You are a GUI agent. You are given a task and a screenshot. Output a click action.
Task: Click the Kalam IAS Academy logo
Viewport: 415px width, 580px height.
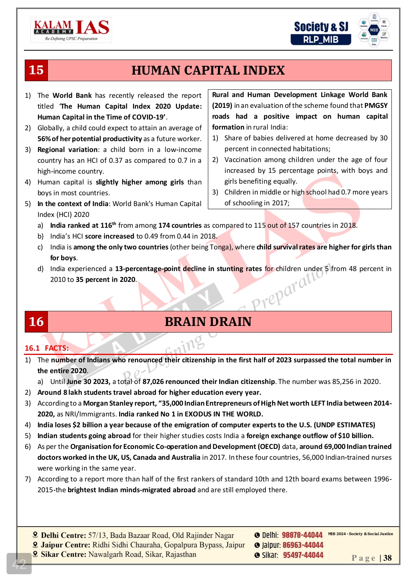coord(71,30)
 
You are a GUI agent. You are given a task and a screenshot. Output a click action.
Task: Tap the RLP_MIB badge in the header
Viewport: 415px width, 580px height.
coord(321,39)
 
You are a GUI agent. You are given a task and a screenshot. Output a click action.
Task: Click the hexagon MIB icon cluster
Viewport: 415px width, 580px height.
coord(374,30)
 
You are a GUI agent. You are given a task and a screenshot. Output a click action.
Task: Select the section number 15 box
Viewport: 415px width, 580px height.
coord(36,70)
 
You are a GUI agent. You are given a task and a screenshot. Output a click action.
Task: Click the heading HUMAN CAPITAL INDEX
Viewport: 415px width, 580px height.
coord(208,70)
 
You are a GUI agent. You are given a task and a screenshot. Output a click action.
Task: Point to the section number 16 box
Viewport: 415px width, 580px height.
coord(36,322)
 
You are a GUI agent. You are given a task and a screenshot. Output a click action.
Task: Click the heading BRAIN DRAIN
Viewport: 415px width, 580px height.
coord(208,322)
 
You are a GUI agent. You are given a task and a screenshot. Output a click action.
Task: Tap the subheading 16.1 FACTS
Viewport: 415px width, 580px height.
coord(47,348)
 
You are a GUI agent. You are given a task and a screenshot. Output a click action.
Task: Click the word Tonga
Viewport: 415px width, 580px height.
coord(219,247)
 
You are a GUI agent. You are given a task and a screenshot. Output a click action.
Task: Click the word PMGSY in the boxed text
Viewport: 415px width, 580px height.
coord(376,106)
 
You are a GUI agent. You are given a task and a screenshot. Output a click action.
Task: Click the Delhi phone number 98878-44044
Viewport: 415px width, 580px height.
coord(302,535)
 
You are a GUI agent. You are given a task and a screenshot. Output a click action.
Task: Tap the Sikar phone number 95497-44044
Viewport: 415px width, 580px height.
coord(303,555)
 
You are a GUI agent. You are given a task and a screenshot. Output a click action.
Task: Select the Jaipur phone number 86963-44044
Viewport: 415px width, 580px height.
coord(303,545)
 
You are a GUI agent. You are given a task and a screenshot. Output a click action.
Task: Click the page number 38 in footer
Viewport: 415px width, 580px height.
coord(387,558)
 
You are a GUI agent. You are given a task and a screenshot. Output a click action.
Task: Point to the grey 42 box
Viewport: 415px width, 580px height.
coord(19,563)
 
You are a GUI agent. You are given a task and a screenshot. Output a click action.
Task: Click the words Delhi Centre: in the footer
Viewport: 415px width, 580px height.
coord(63,536)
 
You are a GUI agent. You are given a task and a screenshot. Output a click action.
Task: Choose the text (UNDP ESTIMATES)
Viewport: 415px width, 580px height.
coord(344,425)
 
